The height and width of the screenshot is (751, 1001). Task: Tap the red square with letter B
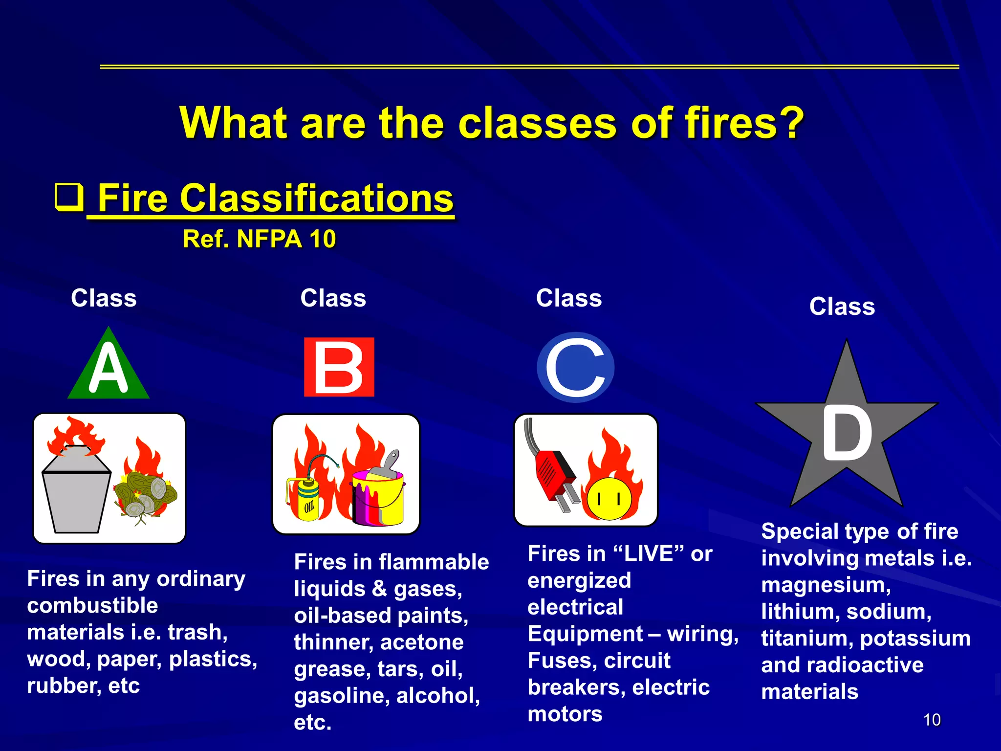click(x=339, y=367)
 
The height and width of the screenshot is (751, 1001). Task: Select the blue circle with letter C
click(x=575, y=368)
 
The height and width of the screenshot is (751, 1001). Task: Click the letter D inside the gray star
click(x=847, y=433)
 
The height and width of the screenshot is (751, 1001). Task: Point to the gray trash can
click(x=76, y=494)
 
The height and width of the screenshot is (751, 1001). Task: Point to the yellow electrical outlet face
click(x=609, y=499)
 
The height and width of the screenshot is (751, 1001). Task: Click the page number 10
click(x=932, y=720)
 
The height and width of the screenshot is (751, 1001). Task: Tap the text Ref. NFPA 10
click(x=259, y=239)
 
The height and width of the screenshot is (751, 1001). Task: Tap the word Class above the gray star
click(x=842, y=307)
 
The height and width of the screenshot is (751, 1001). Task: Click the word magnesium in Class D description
click(x=826, y=585)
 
